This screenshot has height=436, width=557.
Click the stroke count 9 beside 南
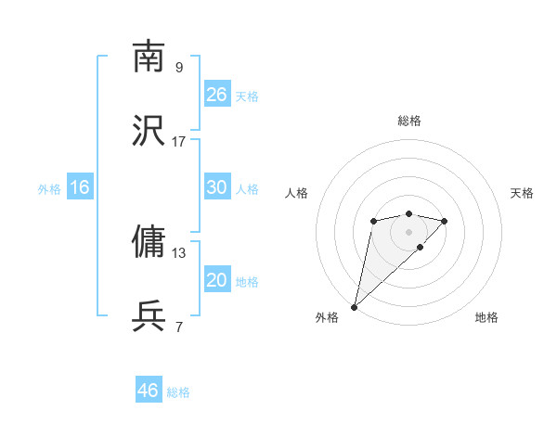179,67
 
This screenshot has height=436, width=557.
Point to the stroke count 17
179,141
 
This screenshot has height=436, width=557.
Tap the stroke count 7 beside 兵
179,327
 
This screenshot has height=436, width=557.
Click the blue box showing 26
217,95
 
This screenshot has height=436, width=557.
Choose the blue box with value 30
217,187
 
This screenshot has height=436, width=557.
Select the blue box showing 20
217,280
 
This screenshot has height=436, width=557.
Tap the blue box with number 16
80,187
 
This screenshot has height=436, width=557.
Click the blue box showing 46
149,391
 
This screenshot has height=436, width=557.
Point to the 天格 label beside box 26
247,96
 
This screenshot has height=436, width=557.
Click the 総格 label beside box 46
178,392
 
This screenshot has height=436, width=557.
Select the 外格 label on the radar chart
327,317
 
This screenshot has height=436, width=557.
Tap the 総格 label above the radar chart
409,121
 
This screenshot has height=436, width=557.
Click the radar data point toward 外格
354,306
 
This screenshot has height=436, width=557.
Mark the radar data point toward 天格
445,221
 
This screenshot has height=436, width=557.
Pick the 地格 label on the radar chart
486,317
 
